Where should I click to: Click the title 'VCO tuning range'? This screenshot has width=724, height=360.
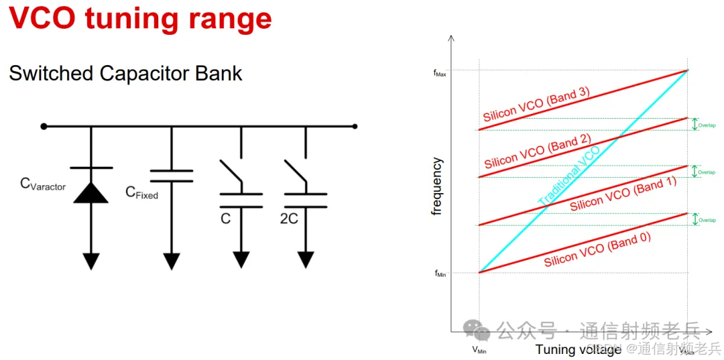click(x=140, y=19)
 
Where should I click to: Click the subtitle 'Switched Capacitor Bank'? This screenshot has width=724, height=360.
click(x=125, y=73)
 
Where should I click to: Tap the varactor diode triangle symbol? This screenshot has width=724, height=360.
click(x=90, y=193)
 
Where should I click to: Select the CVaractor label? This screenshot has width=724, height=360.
click(x=43, y=184)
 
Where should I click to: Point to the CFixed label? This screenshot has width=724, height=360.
click(x=142, y=193)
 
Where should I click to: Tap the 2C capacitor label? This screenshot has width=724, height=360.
click(x=289, y=219)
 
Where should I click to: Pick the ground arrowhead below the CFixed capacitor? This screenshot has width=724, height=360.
click(x=171, y=259)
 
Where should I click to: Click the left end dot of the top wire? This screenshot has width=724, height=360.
click(x=44, y=126)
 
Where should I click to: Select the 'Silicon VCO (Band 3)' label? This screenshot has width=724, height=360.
click(x=536, y=105)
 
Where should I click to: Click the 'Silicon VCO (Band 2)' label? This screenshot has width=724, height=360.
click(x=537, y=152)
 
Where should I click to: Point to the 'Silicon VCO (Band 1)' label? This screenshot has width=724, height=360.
click(x=623, y=194)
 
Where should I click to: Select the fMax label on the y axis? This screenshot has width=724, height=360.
click(x=440, y=73)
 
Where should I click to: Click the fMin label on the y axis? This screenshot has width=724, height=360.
click(x=440, y=273)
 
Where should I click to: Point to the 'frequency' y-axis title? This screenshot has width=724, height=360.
click(x=438, y=186)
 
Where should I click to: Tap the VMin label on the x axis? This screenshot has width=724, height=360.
click(x=479, y=349)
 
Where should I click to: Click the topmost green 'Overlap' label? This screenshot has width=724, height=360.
click(x=707, y=125)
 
